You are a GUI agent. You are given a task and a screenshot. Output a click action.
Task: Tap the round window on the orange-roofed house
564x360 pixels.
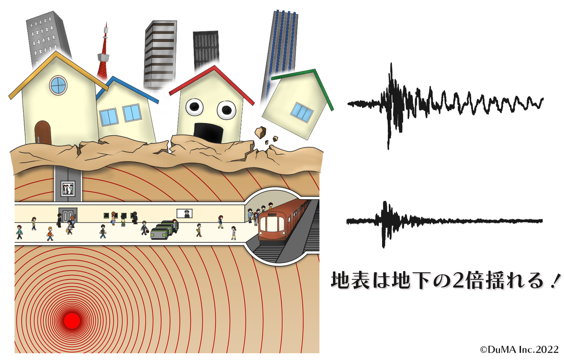58,85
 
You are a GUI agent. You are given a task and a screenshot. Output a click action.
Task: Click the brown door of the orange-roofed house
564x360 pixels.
43,132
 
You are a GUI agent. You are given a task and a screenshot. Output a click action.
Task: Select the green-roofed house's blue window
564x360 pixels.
302,112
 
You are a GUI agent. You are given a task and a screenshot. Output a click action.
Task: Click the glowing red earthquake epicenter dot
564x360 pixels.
71,320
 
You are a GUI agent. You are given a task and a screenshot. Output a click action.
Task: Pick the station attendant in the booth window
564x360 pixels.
187,213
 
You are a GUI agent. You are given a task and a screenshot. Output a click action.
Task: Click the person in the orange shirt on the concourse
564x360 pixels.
50,233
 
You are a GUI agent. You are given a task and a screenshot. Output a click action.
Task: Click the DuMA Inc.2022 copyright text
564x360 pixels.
519,349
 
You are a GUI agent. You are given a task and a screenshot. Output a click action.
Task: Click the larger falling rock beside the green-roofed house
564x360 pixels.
260,132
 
